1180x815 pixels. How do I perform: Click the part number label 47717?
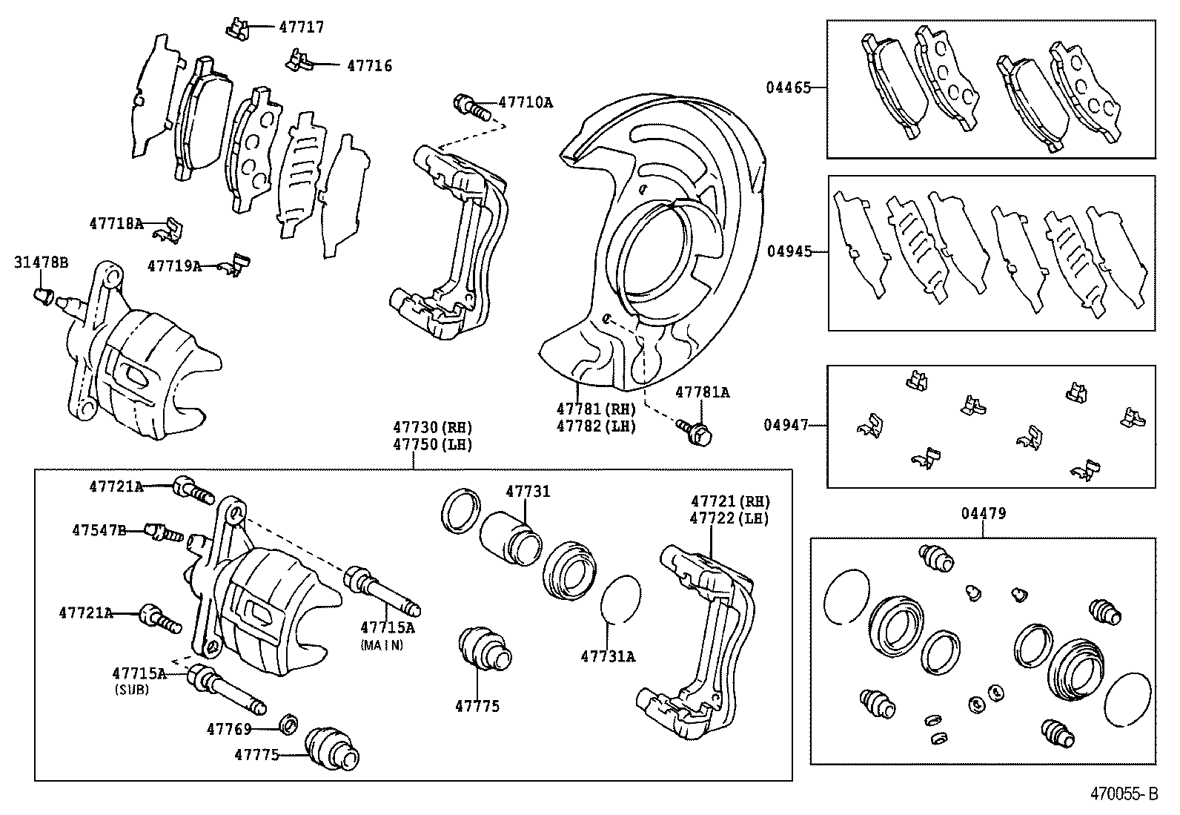pos(301,27)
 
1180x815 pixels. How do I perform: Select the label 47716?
pos(369,66)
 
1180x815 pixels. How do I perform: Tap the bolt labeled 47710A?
pos(470,106)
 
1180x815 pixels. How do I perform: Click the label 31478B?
pos(41,263)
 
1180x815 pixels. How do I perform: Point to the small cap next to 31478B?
pos(44,297)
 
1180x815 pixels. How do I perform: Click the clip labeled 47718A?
pos(171,230)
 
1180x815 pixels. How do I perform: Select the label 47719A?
pos(174,265)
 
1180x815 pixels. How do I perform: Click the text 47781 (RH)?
pos(596,409)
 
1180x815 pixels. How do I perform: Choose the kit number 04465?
pos(788,88)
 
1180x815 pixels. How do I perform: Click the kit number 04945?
pos(789,251)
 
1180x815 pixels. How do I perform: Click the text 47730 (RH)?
pos(432,428)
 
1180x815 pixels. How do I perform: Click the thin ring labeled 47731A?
pos(620,598)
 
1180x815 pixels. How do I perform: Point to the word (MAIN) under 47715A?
pos(382,645)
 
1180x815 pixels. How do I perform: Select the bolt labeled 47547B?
pos(163,532)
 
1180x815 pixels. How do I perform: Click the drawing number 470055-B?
pos(1123,794)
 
